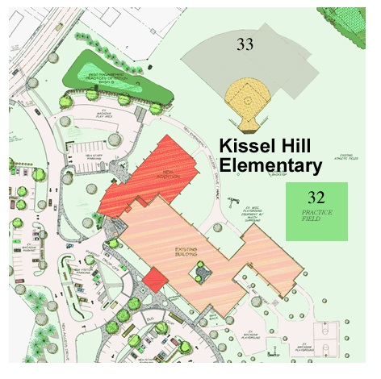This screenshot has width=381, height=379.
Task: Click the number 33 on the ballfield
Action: [245, 44]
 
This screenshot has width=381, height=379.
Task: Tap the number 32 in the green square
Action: [316, 196]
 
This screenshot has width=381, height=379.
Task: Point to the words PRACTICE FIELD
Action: [316, 216]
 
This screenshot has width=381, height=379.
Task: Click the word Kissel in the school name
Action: [249, 146]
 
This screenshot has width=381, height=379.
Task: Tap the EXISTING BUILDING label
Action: [186, 254]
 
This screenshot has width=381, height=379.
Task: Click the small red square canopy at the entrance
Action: [154, 279]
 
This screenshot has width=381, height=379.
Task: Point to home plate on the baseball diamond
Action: [246, 127]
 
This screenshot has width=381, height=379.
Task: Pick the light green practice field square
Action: [316, 211]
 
